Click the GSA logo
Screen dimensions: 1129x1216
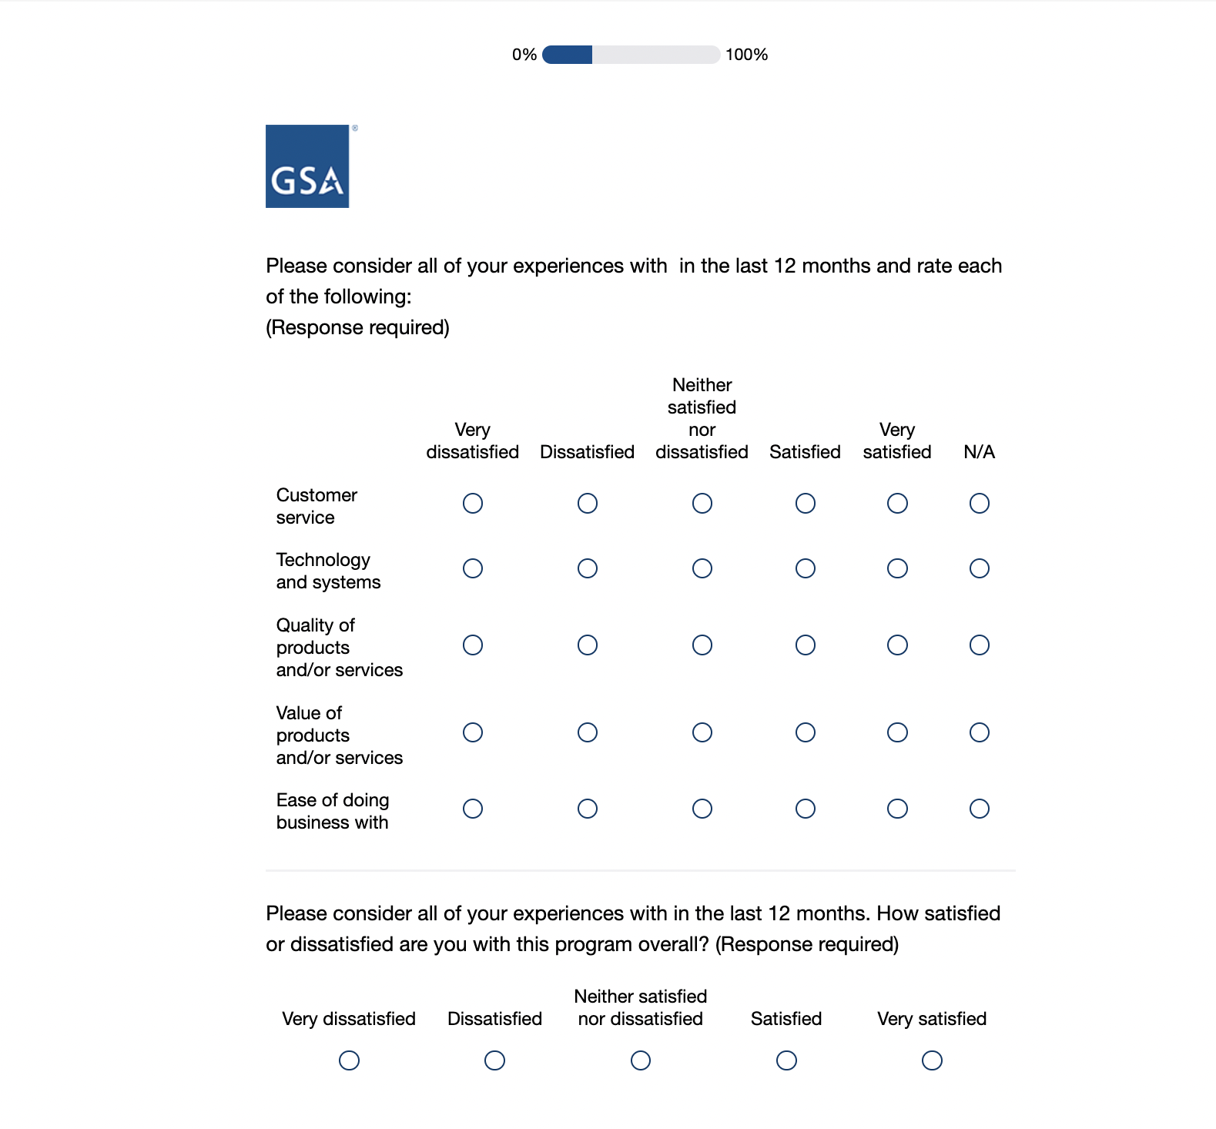point(307,166)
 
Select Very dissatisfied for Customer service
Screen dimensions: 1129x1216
point(473,504)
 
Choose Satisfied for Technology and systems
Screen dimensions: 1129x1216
point(805,568)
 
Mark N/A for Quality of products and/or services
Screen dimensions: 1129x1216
point(979,645)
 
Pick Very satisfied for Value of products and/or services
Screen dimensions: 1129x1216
point(897,732)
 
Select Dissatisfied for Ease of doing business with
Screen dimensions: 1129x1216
point(588,809)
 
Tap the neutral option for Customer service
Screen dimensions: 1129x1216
point(702,504)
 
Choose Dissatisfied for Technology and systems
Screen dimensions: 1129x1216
point(588,568)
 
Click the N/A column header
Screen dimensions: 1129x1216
point(979,452)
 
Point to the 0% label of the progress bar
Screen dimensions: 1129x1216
point(524,55)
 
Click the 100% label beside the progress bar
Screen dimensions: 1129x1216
point(746,55)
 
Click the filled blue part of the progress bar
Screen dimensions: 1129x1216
point(568,55)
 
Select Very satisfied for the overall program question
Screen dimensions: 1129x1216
point(932,1060)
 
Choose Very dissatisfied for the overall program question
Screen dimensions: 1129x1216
point(349,1060)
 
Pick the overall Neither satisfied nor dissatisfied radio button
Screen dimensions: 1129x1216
point(641,1060)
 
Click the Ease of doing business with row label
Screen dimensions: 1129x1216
point(333,812)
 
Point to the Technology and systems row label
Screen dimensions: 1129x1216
point(328,571)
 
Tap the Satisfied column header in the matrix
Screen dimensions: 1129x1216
point(805,452)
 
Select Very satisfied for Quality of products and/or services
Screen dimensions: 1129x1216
point(897,645)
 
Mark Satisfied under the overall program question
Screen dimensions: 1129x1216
point(786,1060)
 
